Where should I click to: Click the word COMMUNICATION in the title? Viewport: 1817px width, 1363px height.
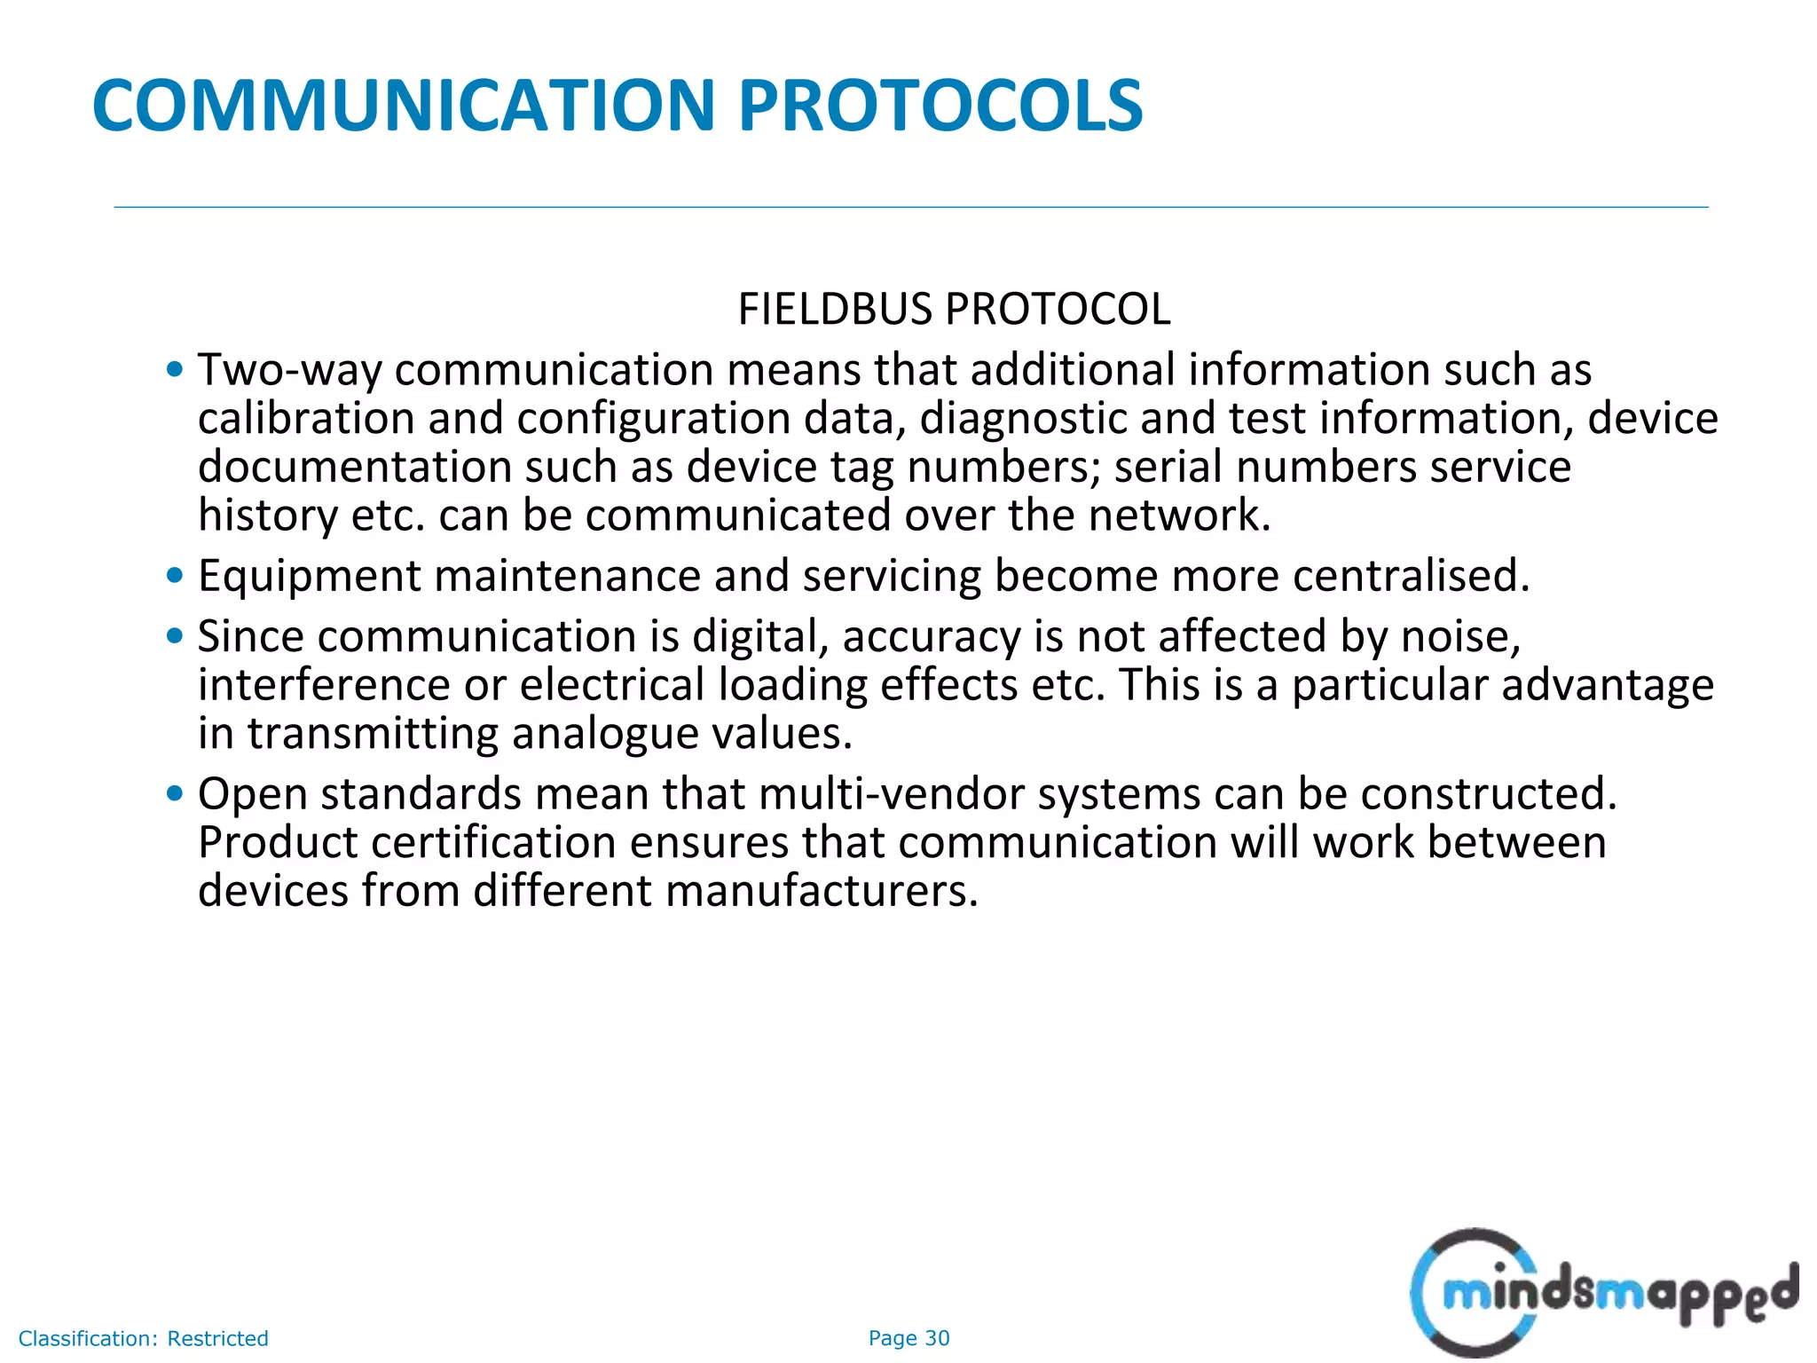click(x=403, y=106)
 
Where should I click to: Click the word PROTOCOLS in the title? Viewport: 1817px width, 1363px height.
click(x=940, y=106)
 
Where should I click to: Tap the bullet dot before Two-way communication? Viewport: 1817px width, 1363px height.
click(x=175, y=369)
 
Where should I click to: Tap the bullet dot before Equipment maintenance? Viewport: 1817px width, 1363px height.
click(x=175, y=576)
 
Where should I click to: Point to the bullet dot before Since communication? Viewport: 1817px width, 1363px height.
click(x=175, y=636)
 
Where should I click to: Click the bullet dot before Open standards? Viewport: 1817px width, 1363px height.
click(x=175, y=793)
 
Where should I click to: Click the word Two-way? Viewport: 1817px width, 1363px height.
click(x=289, y=370)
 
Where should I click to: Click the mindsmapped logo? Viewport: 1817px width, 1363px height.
click(x=1602, y=1292)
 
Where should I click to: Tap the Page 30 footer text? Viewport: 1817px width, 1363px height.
click(x=908, y=1338)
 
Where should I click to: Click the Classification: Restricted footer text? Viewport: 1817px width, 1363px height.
click(x=143, y=1338)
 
